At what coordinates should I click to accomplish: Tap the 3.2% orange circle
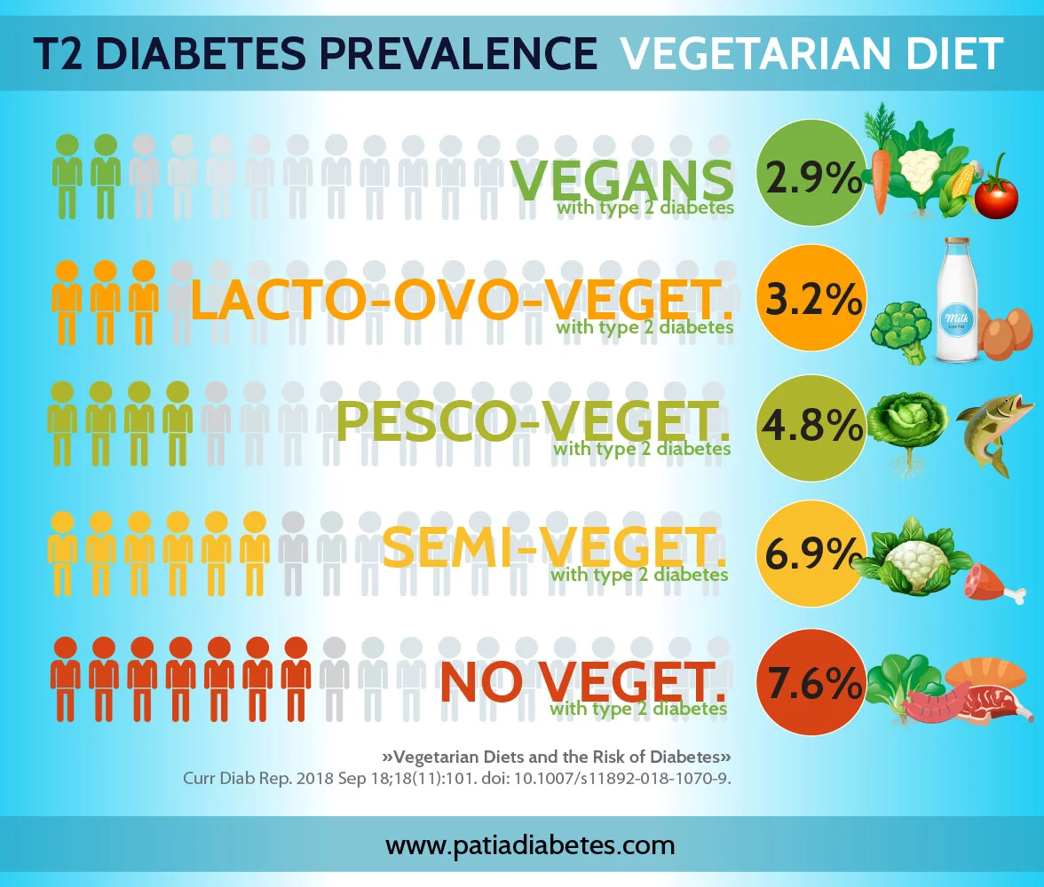[810, 300]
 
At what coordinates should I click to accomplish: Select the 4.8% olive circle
[810, 427]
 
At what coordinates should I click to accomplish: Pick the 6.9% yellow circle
[810, 553]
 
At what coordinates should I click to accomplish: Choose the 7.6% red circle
[810, 683]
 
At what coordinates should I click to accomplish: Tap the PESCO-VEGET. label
[533, 420]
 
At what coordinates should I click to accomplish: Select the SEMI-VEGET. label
[554, 547]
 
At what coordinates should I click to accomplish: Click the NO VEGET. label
[581, 681]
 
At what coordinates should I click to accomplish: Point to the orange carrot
[881, 177]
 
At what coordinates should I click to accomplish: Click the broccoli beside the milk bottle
[900, 331]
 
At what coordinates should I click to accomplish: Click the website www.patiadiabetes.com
[529, 844]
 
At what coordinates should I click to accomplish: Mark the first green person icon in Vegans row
[67, 177]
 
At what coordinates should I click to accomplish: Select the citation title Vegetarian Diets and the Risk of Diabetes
[556, 757]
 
